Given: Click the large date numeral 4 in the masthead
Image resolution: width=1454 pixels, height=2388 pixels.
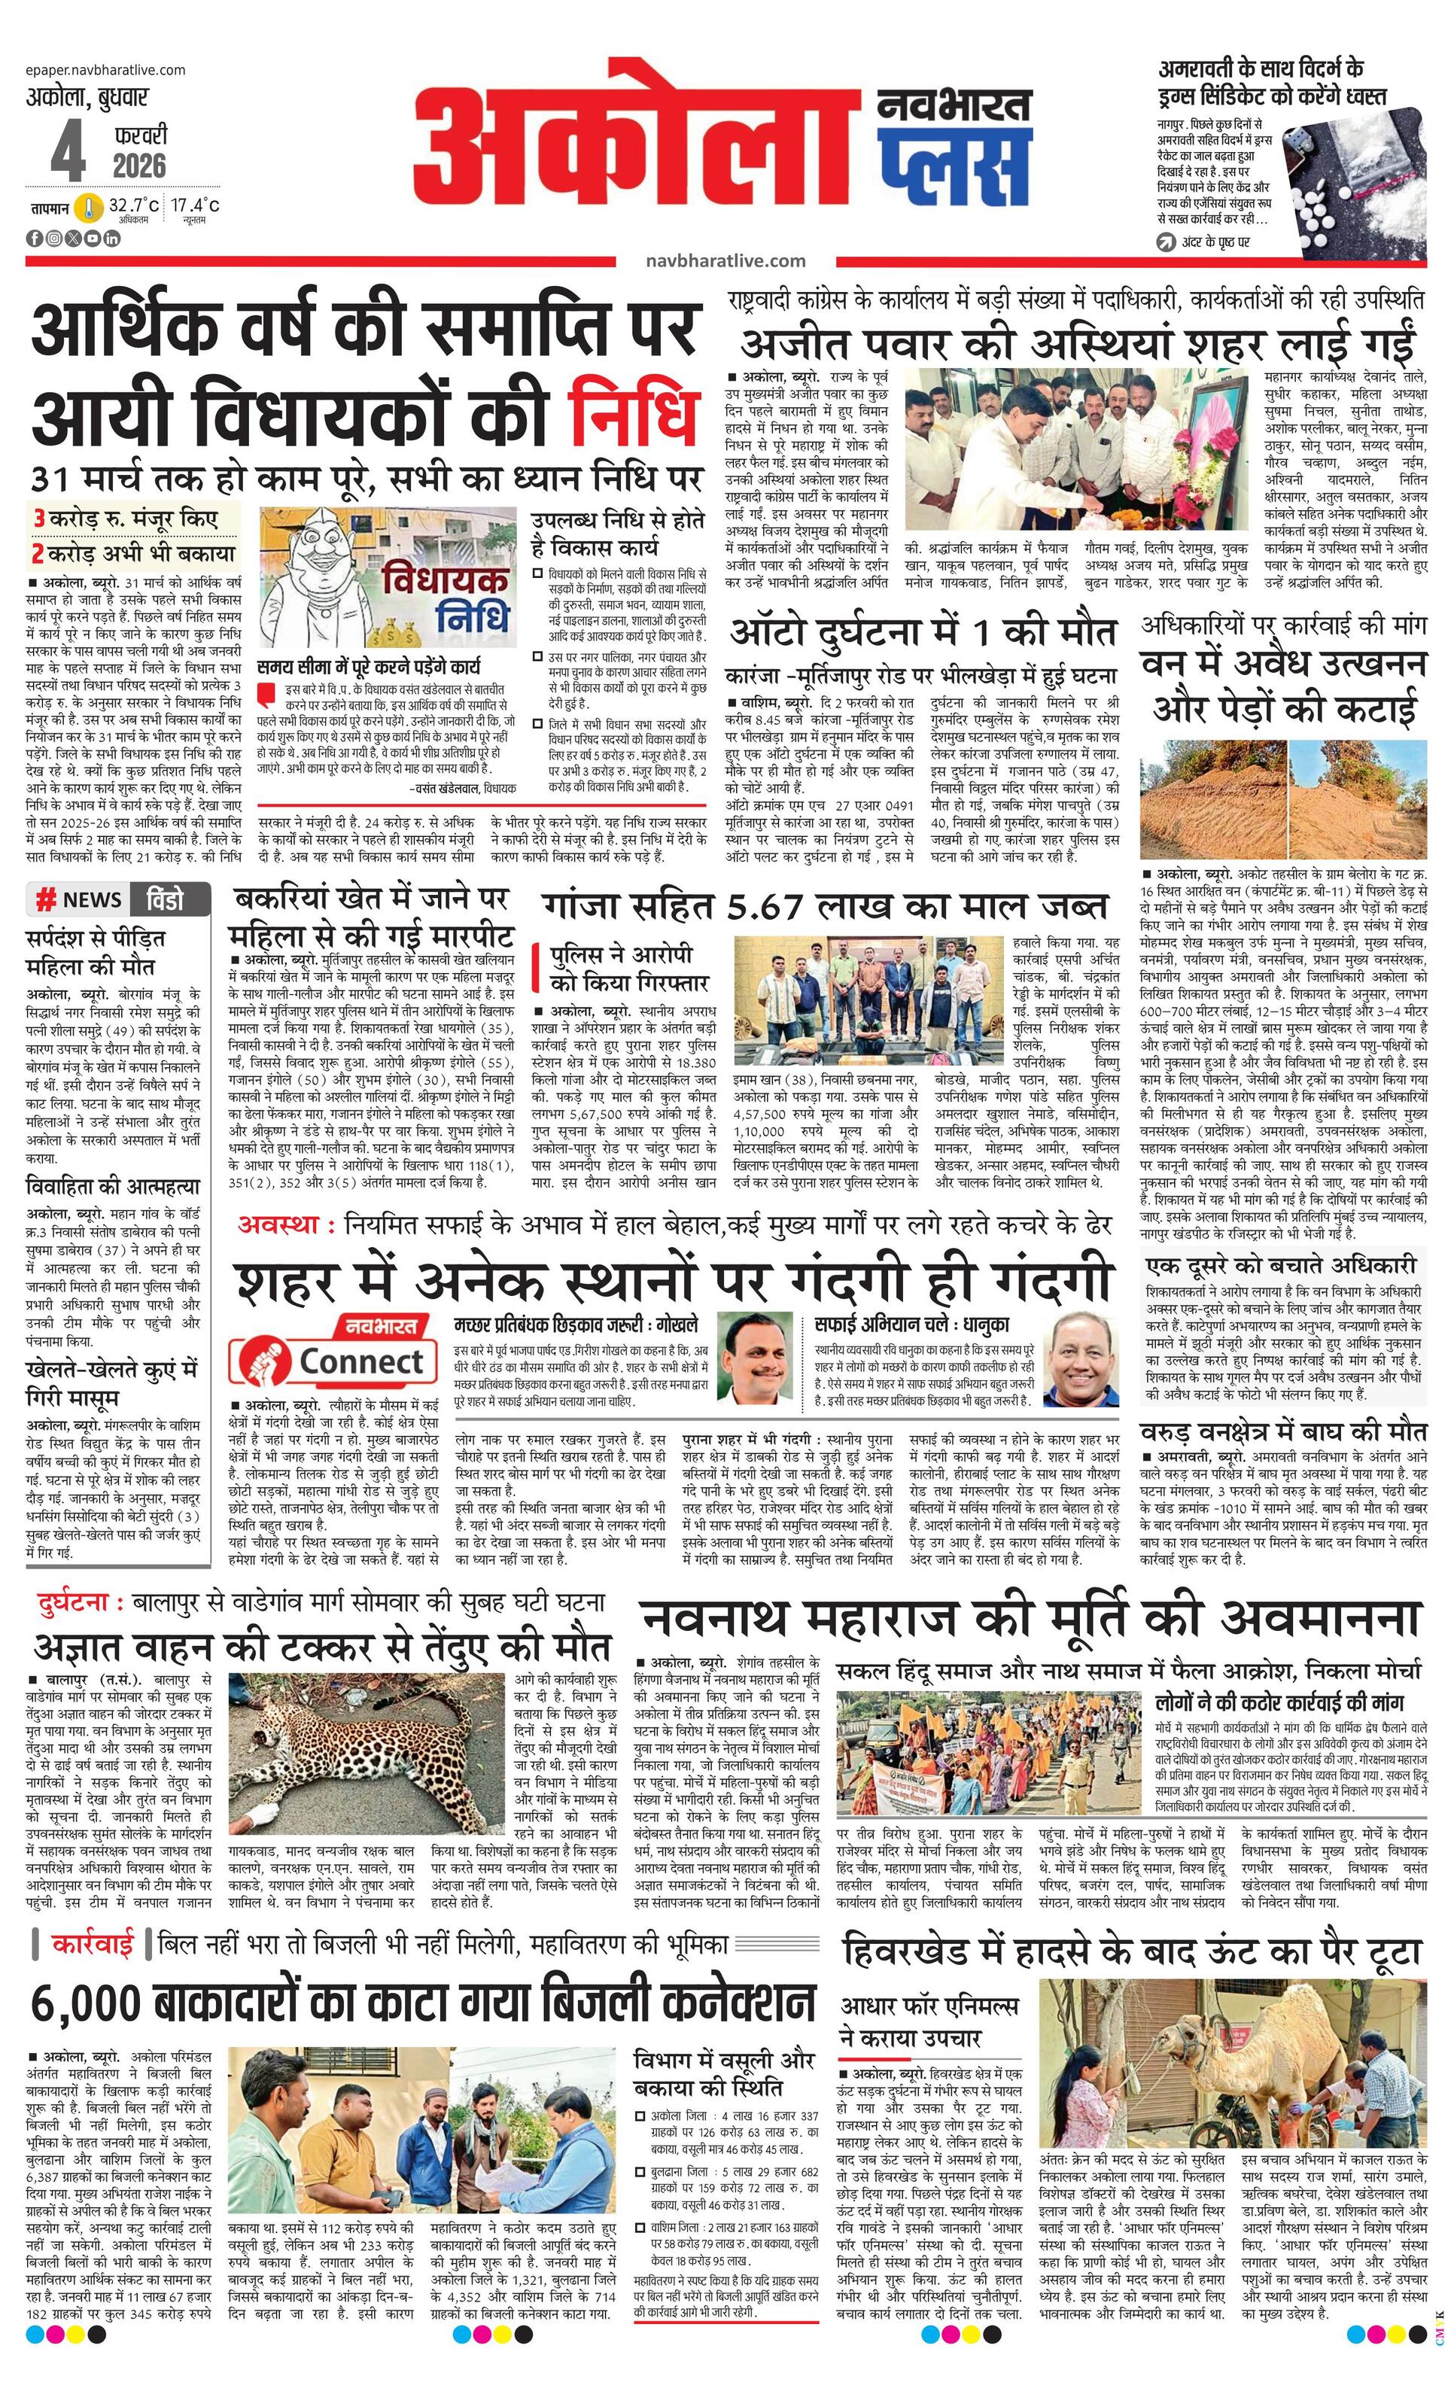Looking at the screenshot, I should pyautogui.click(x=68, y=149).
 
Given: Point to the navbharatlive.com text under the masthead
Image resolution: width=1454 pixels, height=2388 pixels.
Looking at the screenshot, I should pyautogui.click(x=725, y=260).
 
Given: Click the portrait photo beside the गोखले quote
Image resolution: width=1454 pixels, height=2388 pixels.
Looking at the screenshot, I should pyautogui.click(x=757, y=1357).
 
